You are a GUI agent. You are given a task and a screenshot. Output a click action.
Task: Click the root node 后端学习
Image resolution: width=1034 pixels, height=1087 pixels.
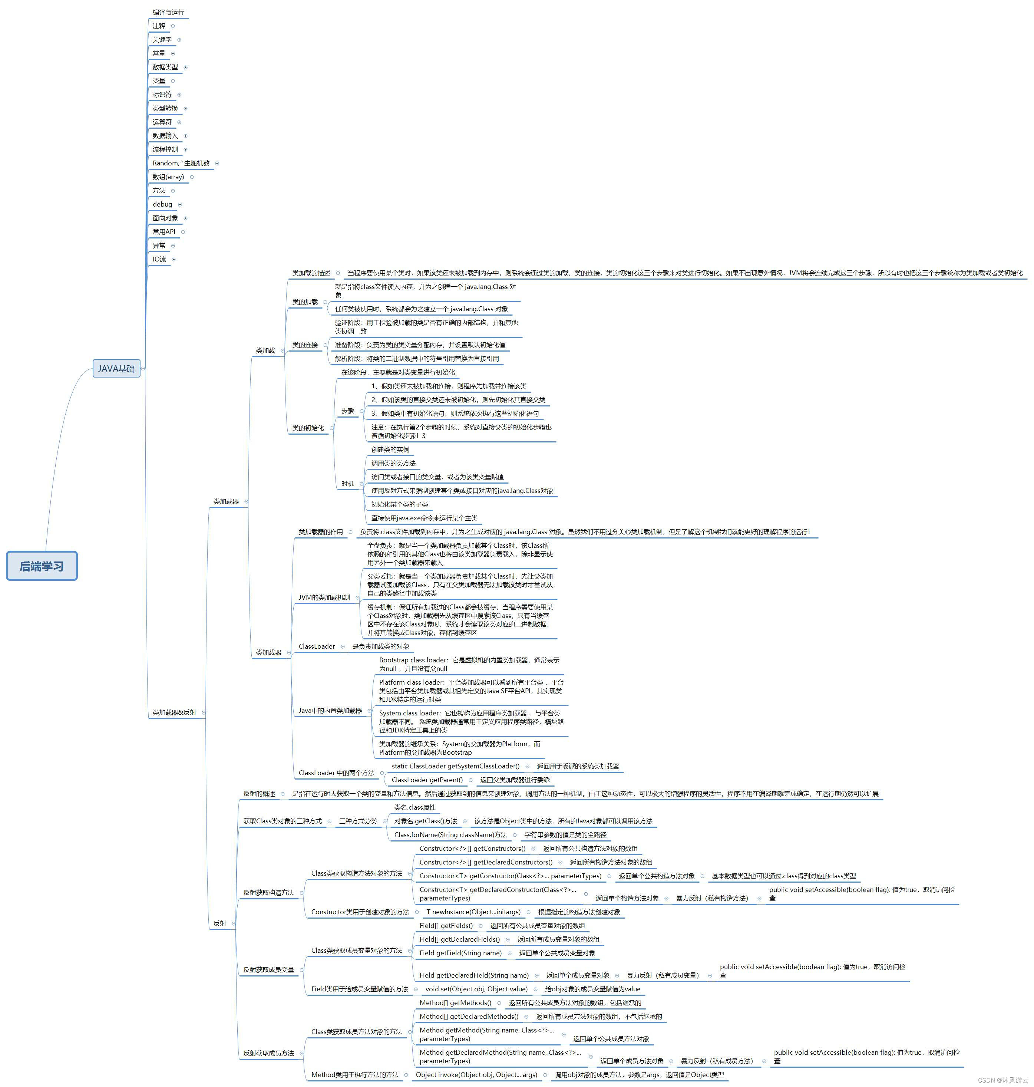42,566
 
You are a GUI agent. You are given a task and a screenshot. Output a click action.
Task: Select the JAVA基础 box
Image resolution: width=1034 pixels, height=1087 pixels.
116,368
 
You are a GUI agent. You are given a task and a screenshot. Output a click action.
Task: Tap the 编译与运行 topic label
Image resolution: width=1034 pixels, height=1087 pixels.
168,12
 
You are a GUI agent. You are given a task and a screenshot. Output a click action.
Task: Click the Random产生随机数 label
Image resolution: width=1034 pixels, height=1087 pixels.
181,163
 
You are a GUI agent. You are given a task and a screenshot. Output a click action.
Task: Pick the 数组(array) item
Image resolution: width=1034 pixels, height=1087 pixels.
168,177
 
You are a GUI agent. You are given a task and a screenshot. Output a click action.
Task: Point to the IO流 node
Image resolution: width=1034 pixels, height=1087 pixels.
159,259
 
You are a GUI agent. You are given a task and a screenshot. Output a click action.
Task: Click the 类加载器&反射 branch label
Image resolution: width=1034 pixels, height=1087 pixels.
174,712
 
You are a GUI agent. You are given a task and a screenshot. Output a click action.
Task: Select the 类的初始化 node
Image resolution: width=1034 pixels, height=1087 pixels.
308,428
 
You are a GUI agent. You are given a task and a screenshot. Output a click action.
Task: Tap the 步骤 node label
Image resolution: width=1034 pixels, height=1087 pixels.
347,411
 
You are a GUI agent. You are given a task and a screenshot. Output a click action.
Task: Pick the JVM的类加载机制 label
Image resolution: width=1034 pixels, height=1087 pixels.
324,597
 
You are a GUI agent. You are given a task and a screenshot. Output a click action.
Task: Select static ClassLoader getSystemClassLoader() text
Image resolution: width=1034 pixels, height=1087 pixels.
455,766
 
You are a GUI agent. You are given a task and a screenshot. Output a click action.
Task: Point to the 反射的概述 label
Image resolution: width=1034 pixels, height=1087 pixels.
259,794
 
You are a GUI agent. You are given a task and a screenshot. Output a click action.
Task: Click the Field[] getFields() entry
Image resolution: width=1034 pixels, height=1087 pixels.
446,926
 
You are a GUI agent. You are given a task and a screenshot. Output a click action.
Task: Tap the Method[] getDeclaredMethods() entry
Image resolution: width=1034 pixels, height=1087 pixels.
469,1017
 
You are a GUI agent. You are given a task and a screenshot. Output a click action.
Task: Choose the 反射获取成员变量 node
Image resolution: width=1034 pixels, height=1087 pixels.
269,969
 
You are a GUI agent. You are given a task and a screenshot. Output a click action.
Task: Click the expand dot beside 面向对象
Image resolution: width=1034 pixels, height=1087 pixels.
185,218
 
